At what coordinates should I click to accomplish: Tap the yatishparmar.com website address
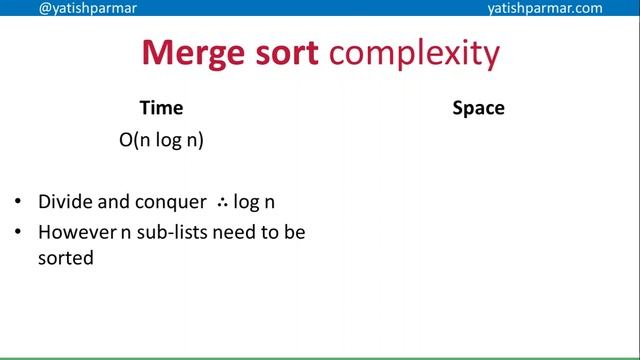pyautogui.click(x=544, y=8)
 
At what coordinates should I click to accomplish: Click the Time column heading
pyautogui.click(x=161, y=108)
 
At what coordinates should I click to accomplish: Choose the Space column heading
pyautogui.click(x=478, y=108)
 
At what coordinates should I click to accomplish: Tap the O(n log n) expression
pyautogui.click(x=161, y=140)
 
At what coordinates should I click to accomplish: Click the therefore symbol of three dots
pyautogui.click(x=222, y=202)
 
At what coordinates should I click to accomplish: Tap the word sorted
pyautogui.click(x=65, y=258)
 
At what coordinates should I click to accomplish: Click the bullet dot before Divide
pyautogui.click(x=19, y=203)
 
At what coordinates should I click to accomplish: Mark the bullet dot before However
pyautogui.click(x=19, y=233)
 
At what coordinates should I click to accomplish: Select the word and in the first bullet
pyautogui.click(x=110, y=202)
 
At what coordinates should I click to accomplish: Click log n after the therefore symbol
pyautogui.click(x=254, y=203)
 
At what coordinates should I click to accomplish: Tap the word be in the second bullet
pyautogui.click(x=295, y=232)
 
